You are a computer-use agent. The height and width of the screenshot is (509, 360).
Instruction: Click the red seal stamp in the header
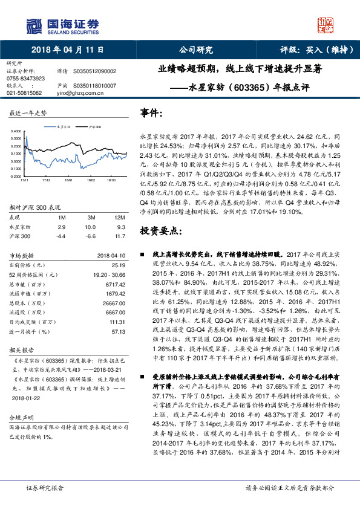pyautogui.click(x=326, y=24)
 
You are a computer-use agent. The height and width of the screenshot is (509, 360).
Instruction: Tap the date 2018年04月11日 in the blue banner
pyautogui.click(x=67, y=50)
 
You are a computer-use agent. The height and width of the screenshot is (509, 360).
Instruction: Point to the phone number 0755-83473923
pyautogui.click(x=25, y=79)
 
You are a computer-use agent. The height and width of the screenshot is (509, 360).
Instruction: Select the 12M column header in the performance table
pyautogui.click(x=120, y=216)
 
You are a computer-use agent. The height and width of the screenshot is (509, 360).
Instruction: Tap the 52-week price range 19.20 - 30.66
pyautogui.click(x=108, y=274)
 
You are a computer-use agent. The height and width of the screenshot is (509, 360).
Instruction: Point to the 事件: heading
pyautogui.click(x=151, y=113)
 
